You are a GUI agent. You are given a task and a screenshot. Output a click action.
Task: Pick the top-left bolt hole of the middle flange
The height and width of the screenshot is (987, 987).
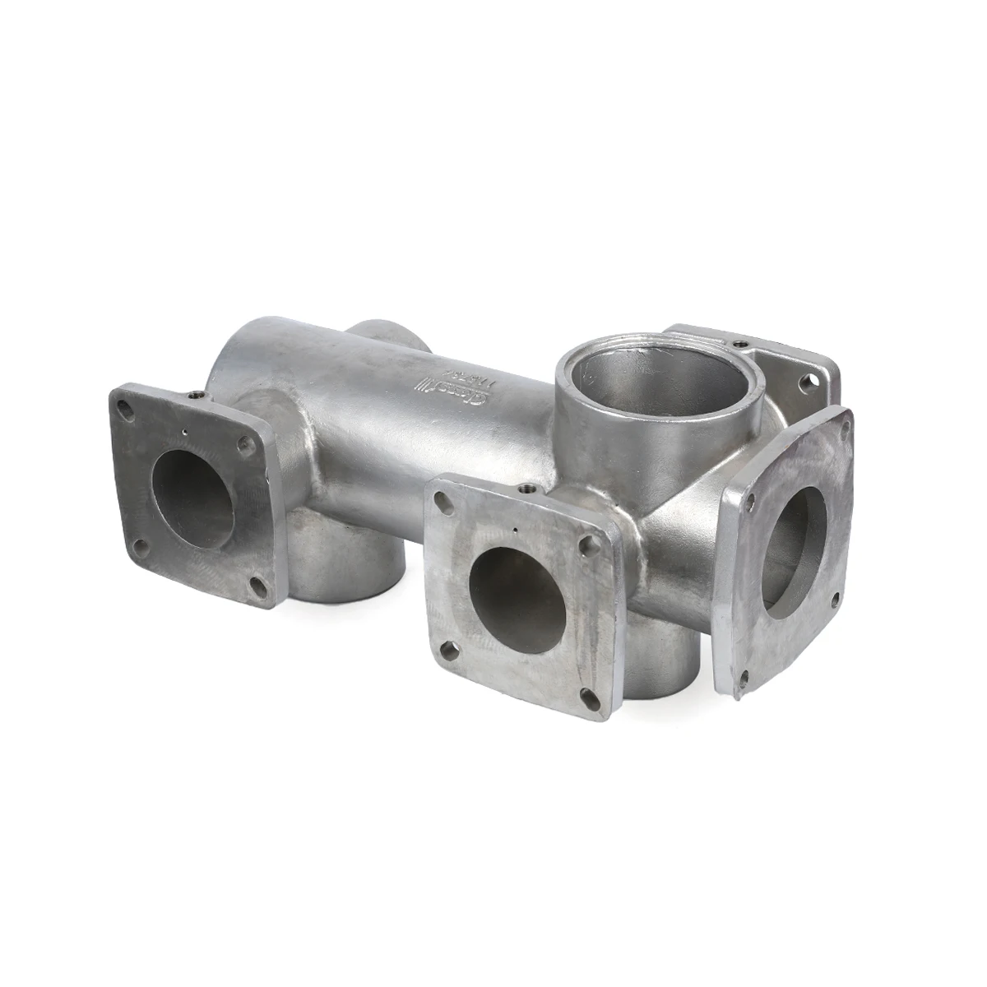[443, 498]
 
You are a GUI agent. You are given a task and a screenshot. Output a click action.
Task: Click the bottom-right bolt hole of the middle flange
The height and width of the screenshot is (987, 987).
[589, 698]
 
